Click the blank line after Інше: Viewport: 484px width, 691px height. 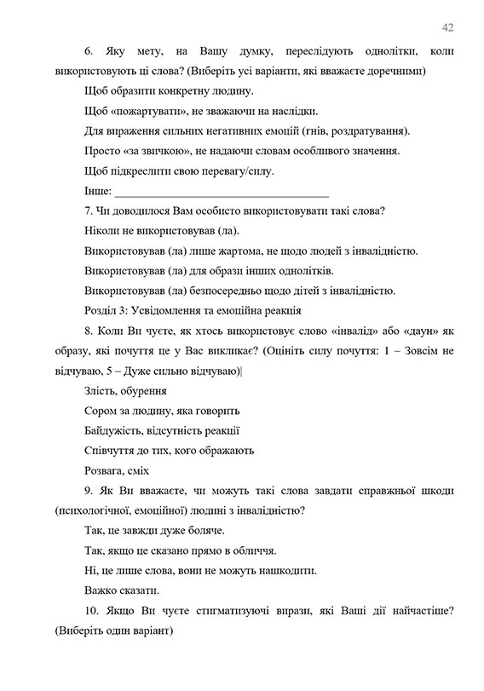tap(222, 191)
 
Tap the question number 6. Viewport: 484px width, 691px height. tap(89, 52)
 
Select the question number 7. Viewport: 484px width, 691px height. tap(89, 210)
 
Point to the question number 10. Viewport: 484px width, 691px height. tap(93, 612)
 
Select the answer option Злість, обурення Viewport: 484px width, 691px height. tap(126, 391)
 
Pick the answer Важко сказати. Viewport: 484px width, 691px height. tap(122, 590)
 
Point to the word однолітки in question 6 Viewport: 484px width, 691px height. tap(363, 52)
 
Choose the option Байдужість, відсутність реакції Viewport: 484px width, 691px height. tap(162, 431)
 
